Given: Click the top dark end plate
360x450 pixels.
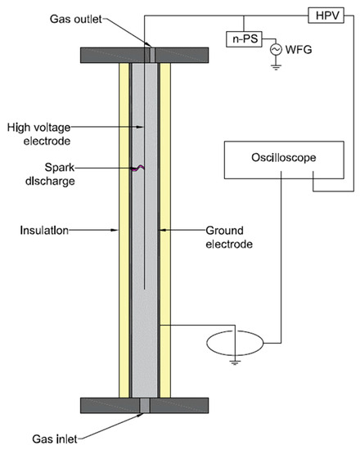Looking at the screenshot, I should coord(145,55).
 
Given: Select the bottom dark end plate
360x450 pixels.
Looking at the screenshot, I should coord(145,405).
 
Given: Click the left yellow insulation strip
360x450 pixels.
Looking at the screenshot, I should coord(124,229).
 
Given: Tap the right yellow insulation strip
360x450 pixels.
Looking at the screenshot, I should coord(165,229).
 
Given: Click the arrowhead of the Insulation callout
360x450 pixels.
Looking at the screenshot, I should coord(118,232).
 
